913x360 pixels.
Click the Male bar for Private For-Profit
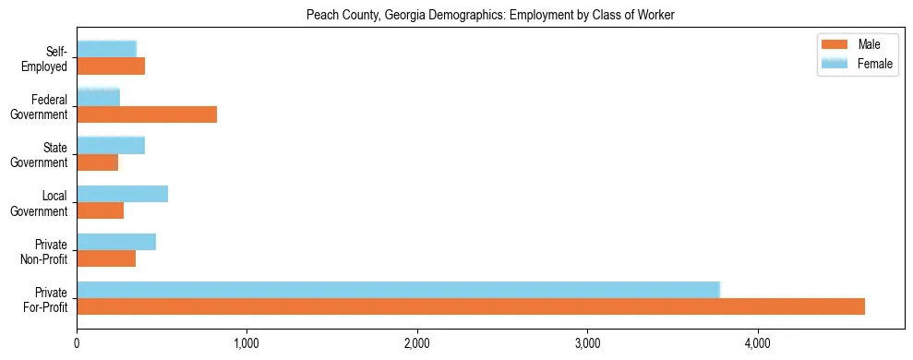point(471,306)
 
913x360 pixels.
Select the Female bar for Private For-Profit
point(398,290)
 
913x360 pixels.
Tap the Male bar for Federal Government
point(147,114)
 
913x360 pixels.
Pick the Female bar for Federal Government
point(99,97)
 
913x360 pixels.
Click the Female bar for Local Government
point(123,194)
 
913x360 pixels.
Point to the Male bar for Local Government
point(101,210)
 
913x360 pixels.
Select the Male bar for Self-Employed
point(111,66)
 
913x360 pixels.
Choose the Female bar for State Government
point(111,145)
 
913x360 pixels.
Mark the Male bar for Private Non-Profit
point(106,258)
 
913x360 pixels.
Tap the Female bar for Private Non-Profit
point(116,242)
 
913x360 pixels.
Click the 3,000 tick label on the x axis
point(587,344)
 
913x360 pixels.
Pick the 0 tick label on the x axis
point(77,344)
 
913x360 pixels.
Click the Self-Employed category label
point(45,58)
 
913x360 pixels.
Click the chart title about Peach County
point(490,15)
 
